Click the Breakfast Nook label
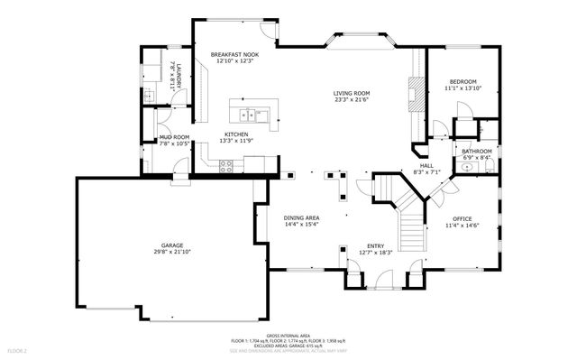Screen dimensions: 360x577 pos(234,55)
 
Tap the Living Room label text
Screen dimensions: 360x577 pos(352,93)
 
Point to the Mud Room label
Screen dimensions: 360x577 pos(173,136)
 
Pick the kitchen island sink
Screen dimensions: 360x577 pos(250,114)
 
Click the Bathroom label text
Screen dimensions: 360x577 pos(477,151)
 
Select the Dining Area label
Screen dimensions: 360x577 pos(301,217)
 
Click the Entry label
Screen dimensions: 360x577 pos(375,245)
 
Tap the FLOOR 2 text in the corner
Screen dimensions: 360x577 pos(18,349)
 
